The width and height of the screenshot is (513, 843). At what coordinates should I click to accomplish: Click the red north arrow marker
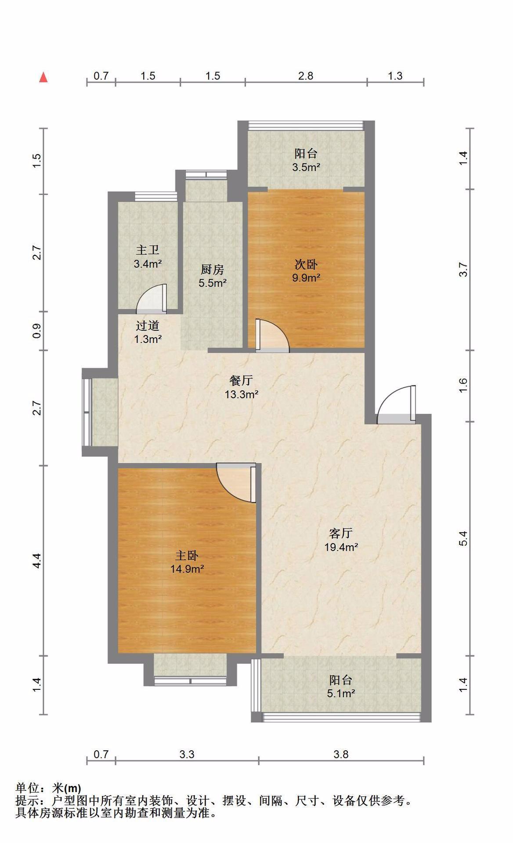pos(43,77)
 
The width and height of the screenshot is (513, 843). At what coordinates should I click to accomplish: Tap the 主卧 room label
pos(187,555)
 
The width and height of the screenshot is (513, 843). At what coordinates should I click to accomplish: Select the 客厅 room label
pos(341,533)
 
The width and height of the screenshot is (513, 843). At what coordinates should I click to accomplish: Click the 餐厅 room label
pos(241,380)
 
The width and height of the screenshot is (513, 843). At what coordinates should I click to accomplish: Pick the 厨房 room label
pos(213,269)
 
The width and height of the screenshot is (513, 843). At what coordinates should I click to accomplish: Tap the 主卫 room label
pos(147,250)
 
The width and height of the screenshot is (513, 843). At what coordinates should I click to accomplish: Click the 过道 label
pos(147,325)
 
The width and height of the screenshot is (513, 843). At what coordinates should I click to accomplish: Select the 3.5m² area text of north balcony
pos(306,167)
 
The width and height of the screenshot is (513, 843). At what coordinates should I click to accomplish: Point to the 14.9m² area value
pos(187,569)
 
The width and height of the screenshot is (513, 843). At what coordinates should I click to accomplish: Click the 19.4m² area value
pos(341,547)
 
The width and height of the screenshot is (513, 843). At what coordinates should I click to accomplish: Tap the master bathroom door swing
pos(152,299)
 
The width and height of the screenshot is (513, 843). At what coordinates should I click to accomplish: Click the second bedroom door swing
pos(272,335)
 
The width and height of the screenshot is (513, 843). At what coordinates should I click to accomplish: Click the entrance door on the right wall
pos(396,404)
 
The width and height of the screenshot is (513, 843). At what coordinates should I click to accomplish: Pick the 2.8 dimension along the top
pos(306,76)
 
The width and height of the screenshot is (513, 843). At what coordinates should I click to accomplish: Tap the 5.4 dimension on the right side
pos(463,538)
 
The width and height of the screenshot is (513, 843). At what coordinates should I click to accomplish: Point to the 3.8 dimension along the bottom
pos(341,754)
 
